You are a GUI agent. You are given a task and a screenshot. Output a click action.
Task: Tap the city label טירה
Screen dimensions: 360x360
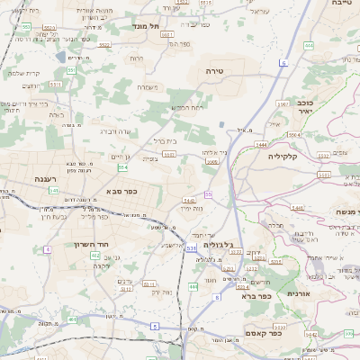(x=214, y=69)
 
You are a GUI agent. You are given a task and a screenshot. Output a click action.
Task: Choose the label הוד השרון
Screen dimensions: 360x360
(x=91, y=244)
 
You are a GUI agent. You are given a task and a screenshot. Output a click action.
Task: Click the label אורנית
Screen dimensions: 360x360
(x=299, y=293)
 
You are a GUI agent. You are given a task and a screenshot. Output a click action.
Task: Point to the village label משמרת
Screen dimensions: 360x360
(x=148, y=87)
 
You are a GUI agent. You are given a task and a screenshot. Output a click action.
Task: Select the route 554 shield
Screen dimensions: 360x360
(x=121, y=166)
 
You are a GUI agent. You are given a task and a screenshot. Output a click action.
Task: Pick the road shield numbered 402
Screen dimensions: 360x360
(x=95, y=256)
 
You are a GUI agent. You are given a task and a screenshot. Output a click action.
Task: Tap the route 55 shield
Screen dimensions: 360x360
(x=209, y=193)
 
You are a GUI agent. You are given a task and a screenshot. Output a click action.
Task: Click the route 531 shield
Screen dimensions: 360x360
(x=191, y=248)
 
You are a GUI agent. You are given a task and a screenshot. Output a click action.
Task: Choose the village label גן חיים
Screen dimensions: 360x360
(x=122, y=157)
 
